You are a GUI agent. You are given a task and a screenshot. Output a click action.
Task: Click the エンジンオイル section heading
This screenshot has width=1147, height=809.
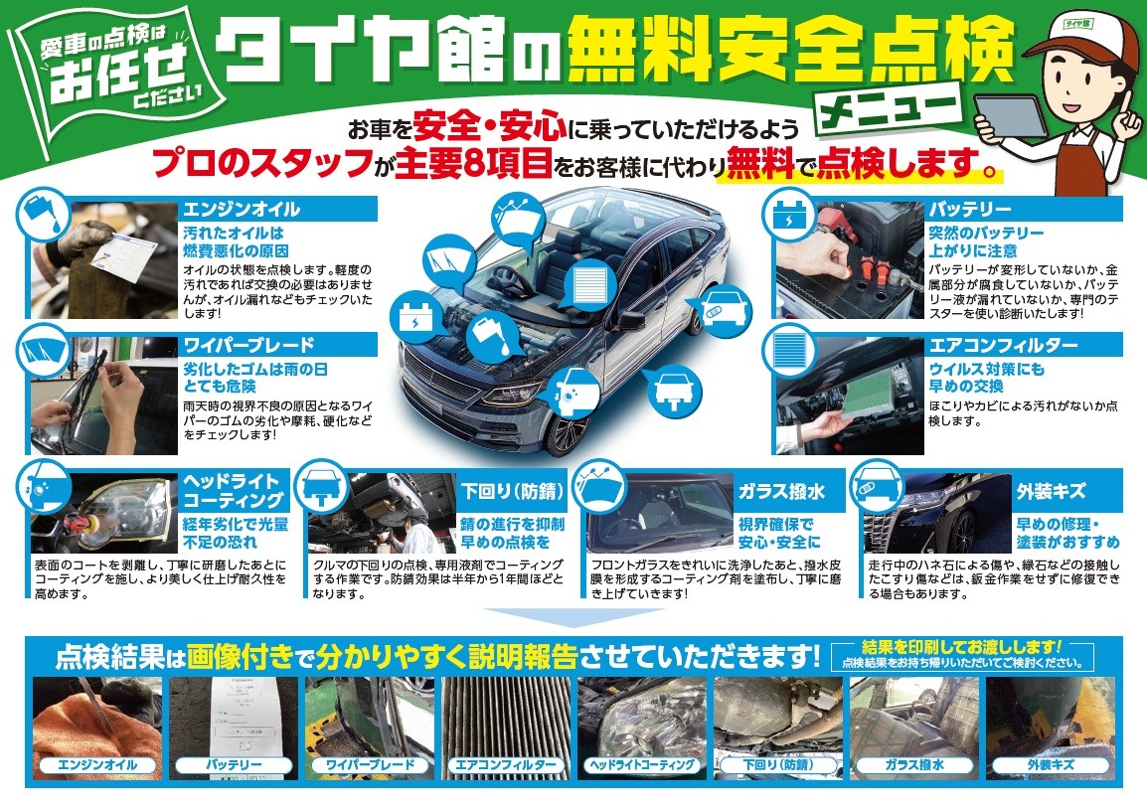[241, 210]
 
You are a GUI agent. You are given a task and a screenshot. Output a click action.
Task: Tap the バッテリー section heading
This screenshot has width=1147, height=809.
[970, 210]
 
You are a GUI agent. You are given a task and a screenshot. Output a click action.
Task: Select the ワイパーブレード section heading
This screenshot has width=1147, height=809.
[248, 345]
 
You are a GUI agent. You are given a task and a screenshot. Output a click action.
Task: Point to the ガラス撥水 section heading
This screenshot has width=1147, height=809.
[767, 491]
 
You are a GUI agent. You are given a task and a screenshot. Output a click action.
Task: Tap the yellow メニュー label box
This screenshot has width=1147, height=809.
[886, 106]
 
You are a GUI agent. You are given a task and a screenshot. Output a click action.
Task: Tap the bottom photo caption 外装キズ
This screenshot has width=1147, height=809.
[1050, 765]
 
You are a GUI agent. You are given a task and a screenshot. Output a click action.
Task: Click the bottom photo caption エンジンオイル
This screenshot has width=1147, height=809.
[96, 765]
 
